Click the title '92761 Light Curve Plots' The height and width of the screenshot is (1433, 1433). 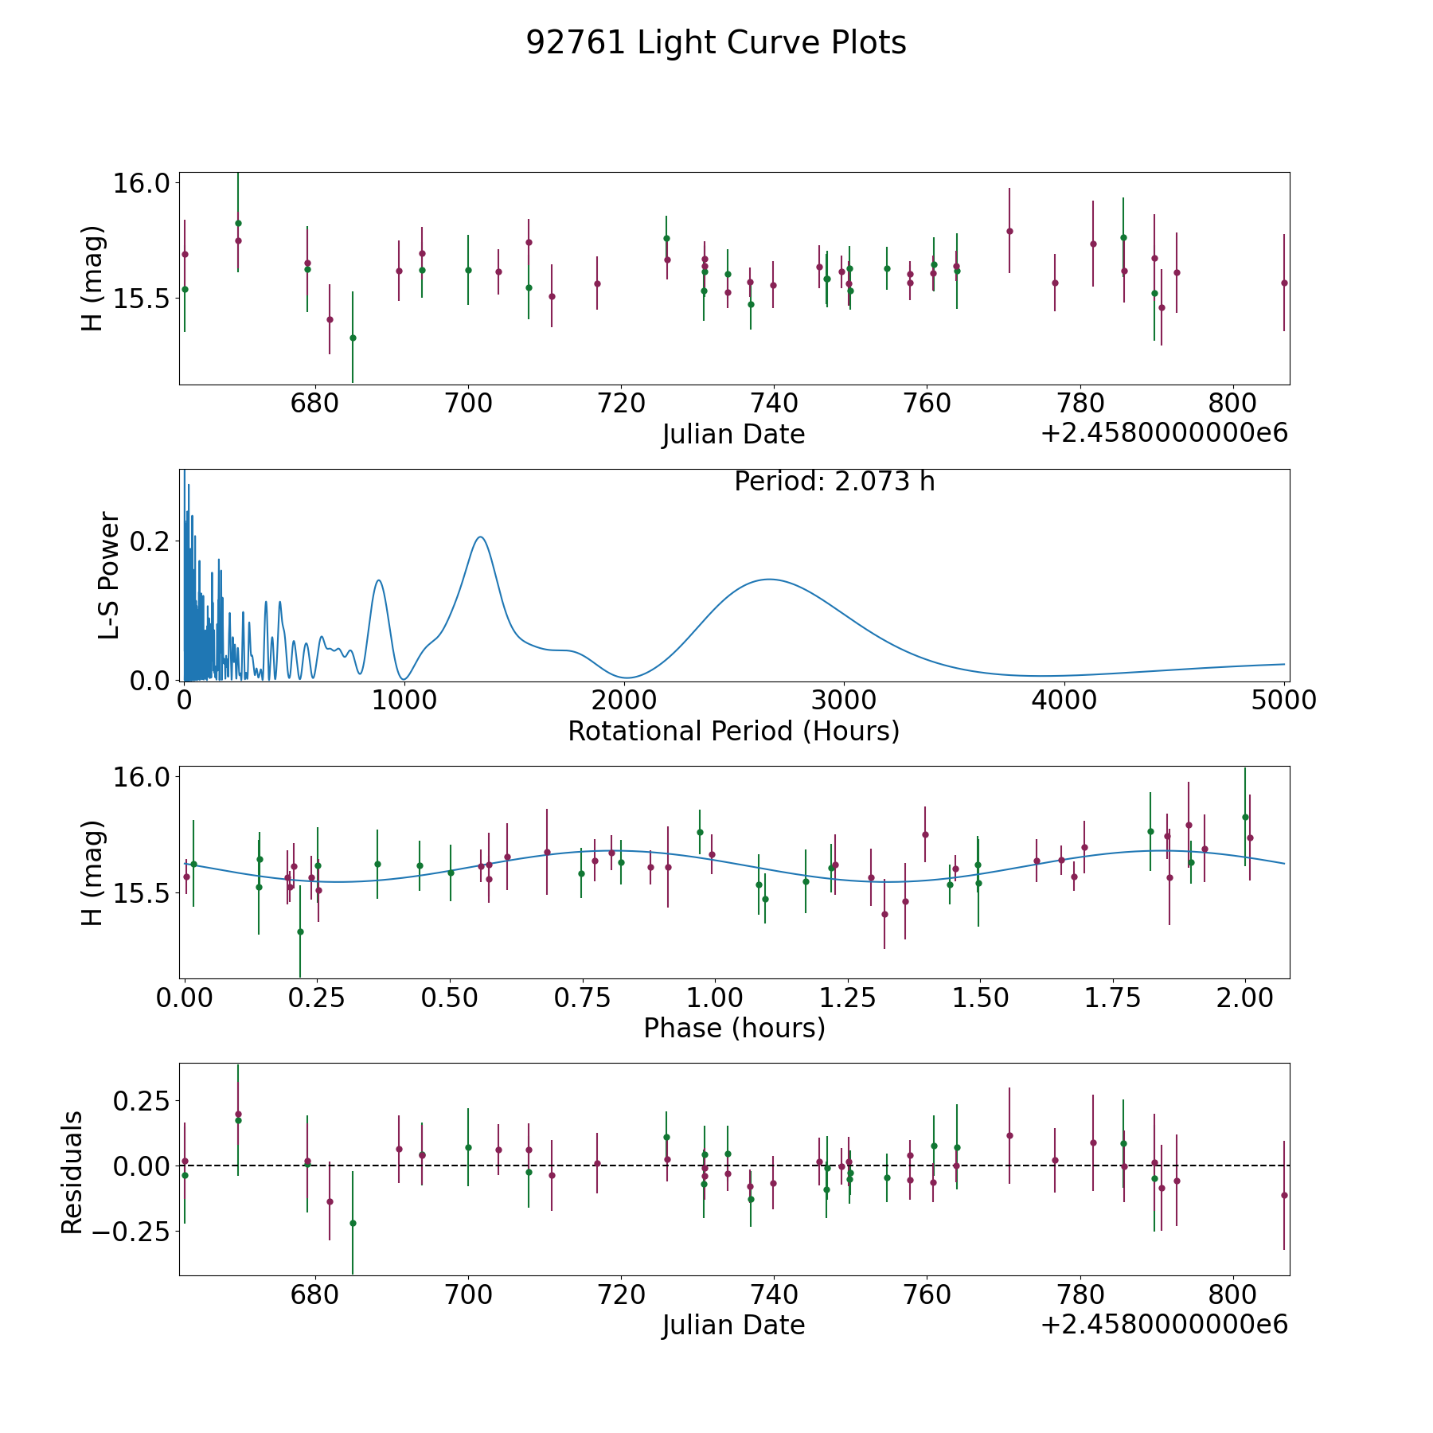[x=716, y=43]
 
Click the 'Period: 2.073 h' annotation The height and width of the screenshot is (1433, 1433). [x=834, y=482]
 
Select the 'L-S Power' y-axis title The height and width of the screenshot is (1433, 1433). [x=110, y=576]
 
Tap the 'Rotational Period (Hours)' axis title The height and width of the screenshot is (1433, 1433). [x=733, y=731]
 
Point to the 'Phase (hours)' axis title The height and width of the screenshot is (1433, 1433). [x=734, y=1028]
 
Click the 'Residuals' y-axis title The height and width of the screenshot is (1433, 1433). [x=72, y=1173]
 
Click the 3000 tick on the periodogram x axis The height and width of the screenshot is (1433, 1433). [x=844, y=701]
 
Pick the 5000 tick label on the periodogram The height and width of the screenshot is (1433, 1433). [x=1283, y=701]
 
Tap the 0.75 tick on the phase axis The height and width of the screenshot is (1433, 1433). [x=582, y=998]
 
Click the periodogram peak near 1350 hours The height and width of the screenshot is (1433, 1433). [x=480, y=537]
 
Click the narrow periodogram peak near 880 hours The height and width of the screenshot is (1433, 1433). [x=379, y=580]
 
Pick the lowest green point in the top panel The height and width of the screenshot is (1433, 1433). [x=353, y=338]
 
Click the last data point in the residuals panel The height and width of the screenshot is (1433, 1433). [x=1283, y=1195]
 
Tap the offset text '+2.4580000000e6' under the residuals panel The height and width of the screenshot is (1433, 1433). [x=1164, y=1325]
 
